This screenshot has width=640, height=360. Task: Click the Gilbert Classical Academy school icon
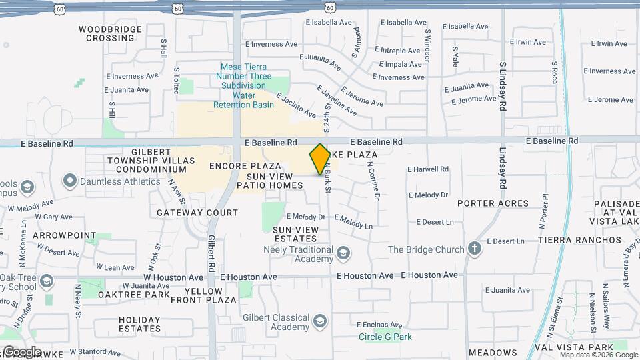(320, 323)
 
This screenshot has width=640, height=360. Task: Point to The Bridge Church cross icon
(474, 249)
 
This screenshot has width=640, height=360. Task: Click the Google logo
(22, 352)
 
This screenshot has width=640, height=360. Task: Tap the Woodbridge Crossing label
(110, 34)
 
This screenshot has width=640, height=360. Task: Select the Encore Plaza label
(245, 165)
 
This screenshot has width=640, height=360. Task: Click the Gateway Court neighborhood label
(197, 213)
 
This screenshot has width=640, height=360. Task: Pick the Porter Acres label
(493, 203)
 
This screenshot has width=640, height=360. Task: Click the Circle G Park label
(385, 337)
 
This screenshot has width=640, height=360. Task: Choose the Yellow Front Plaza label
(204, 296)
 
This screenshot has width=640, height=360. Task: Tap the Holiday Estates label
(140, 324)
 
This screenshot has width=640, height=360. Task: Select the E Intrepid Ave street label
(398, 50)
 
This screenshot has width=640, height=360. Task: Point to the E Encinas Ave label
(379, 325)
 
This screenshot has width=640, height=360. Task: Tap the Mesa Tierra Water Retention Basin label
(243, 85)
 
